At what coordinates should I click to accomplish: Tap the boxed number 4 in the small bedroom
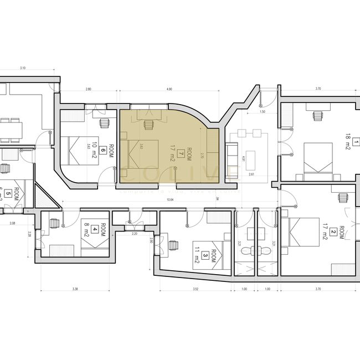[x=95, y=228]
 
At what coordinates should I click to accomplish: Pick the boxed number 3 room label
[x=205, y=255]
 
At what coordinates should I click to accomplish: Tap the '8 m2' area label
[x=87, y=228]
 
